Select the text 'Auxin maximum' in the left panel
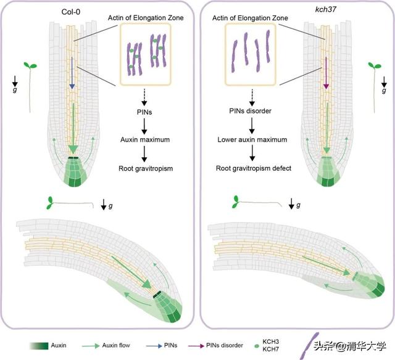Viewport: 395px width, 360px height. pos(144,141)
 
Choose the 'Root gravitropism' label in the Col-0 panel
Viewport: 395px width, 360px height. pos(144,167)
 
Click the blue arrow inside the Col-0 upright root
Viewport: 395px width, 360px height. pos(72,80)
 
